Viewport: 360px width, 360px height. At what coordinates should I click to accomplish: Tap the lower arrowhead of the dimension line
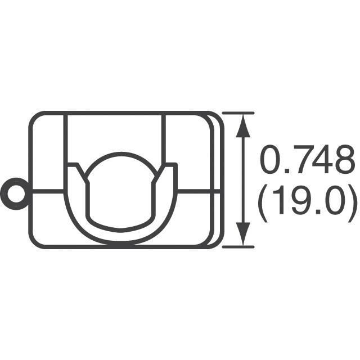click(x=243, y=234)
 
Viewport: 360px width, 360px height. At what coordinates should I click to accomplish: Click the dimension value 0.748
click(x=307, y=161)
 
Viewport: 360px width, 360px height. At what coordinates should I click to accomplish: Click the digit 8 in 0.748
click(x=343, y=161)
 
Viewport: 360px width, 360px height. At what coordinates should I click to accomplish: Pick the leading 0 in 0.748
click(x=269, y=161)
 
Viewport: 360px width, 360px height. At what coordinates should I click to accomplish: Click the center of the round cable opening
click(x=121, y=188)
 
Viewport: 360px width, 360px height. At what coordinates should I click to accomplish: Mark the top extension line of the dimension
click(x=238, y=113)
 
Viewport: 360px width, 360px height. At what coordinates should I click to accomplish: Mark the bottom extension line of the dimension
click(x=238, y=246)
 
